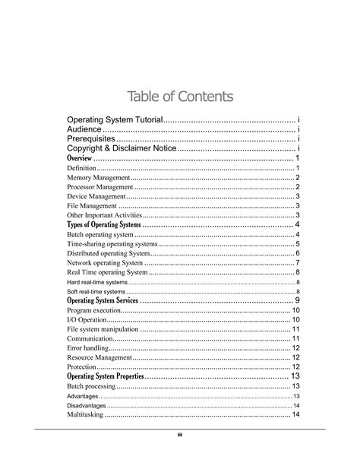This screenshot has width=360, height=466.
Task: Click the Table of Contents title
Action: [180, 97]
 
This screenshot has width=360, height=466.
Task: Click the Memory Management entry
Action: [98, 177]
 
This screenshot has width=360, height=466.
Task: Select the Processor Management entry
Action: [100, 187]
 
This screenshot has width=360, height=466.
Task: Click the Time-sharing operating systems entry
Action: [112, 244]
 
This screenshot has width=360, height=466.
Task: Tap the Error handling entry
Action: [88, 347]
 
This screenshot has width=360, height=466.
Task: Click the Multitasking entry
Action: [85, 414]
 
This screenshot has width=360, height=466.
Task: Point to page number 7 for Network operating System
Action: [298, 263]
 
